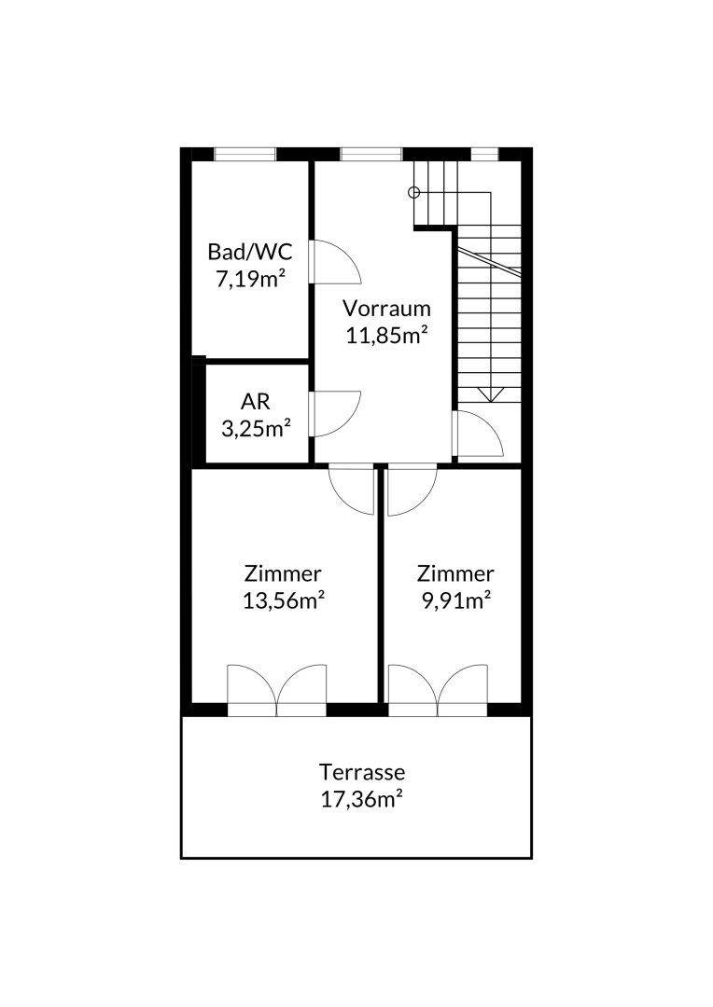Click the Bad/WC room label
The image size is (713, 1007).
pyautogui.click(x=249, y=252)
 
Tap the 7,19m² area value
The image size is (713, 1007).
pyautogui.click(x=251, y=280)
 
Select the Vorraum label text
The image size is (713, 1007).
pyautogui.click(x=386, y=309)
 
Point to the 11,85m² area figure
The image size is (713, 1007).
pyautogui.click(x=387, y=336)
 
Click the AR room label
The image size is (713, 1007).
pyautogui.click(x=255, y=402)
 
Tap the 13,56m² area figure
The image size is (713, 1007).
pyautogui.click(x=283, y=600)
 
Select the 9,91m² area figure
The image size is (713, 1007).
pyautogui.click(x=455, y=600)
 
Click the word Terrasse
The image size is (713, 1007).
pyautogui.click(x=362, y=771)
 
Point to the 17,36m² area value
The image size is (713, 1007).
pyautogui.click(x=362, y=799)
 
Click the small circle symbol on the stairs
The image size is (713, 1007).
pyautogui.click(x=414, y=192)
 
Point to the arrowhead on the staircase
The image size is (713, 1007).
pyautogui.click(x=491, y=395)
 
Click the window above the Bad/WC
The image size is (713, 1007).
pyautogui.click(x=245, y=155)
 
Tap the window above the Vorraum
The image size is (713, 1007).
pyautogui.click(x=371, y=155)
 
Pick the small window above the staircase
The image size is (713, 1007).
pyautogui.click(x=484, y=155)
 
